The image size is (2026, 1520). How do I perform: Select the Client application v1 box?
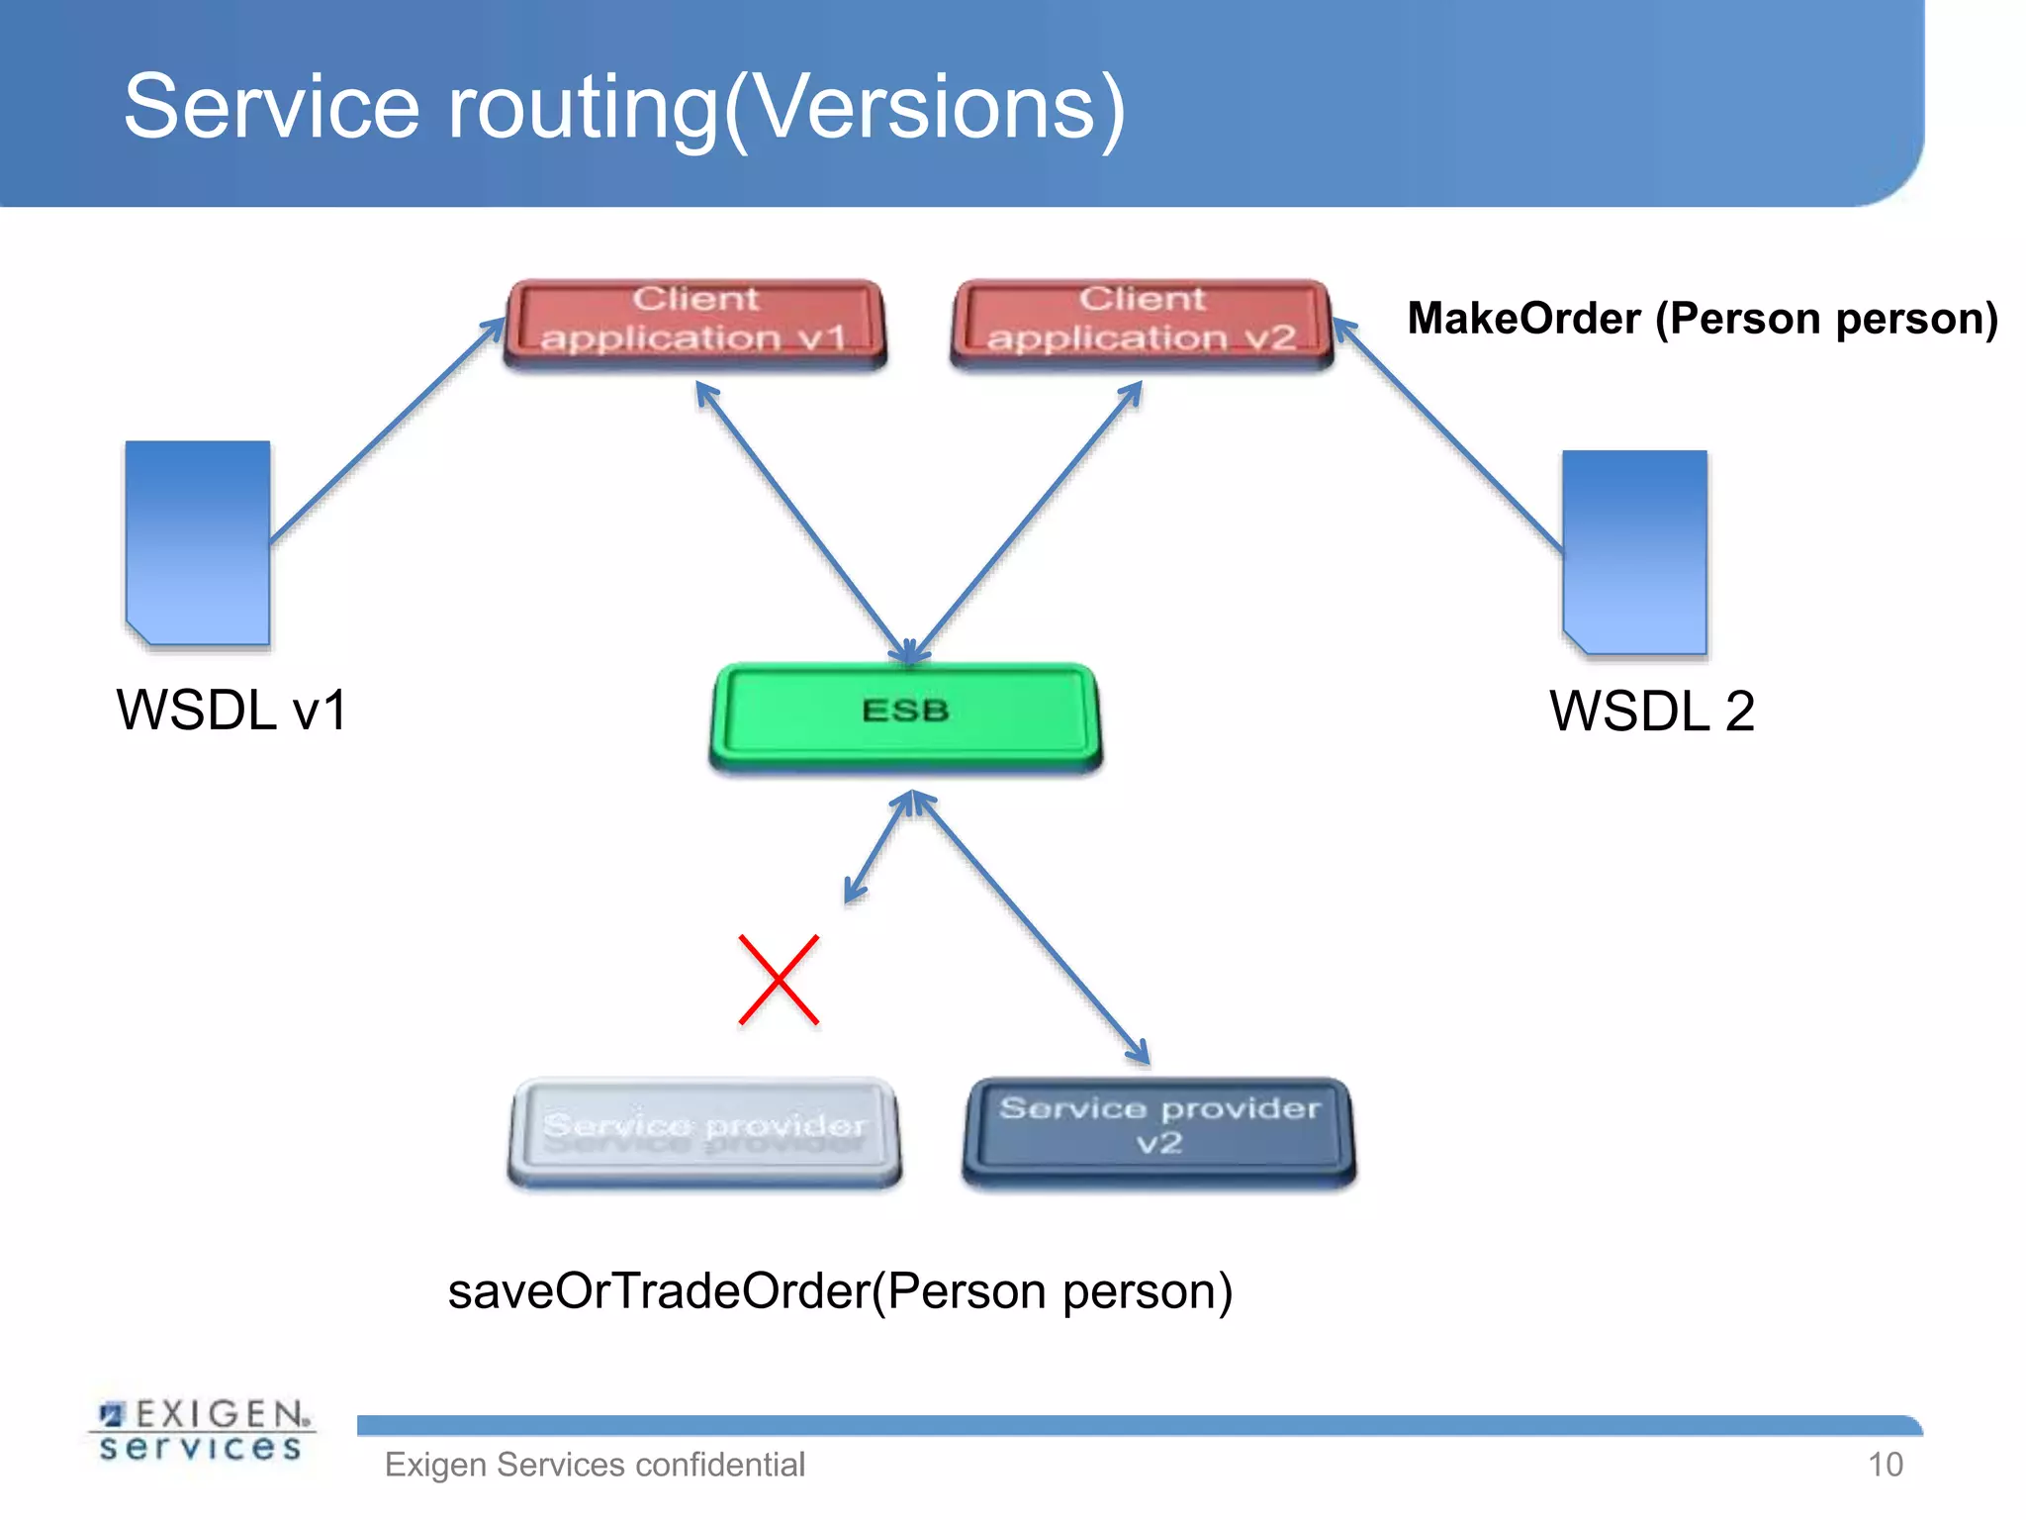694,322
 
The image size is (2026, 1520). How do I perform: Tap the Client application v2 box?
1142,322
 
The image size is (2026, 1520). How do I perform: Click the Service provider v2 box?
1158,1129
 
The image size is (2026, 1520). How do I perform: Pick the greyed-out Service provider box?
704,1131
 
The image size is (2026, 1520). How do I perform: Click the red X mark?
779,980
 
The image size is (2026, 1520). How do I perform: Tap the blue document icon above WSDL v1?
198,542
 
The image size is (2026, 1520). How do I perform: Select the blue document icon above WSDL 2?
1634,552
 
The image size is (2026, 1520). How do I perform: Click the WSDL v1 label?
231,711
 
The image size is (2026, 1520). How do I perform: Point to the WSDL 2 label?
1651,712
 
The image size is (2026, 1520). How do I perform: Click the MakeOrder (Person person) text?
1702,319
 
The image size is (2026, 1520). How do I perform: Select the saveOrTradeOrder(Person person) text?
840,1291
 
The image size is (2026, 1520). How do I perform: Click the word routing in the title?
584,109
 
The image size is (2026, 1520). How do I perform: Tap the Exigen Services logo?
202,1431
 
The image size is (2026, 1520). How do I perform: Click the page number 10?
1885,1465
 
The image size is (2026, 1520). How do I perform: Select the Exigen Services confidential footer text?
595,1465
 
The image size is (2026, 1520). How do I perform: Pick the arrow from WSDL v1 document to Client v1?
386,430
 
